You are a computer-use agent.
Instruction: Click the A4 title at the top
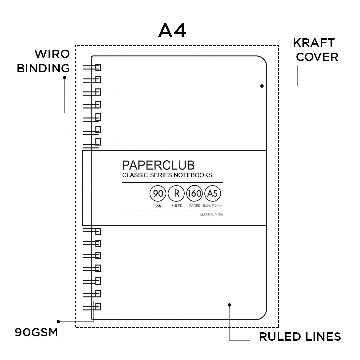pos(172,31)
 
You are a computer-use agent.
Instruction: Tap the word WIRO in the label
pos(52,54)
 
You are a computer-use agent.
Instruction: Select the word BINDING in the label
pos(43,68)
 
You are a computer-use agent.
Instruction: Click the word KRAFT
pos(314,43)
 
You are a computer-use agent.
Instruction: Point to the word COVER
pos(317,57)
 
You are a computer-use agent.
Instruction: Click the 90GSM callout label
pos(36,332)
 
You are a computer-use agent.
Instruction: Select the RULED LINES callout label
pos(300,337)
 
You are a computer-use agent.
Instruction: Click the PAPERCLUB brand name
pos(158,165)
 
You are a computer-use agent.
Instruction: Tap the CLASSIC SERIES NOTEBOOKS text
pos(167,175)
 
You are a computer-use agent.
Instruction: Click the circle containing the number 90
pos(158,194)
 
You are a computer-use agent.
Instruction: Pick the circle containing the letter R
pos(177,194)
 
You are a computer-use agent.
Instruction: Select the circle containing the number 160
pos(195,194)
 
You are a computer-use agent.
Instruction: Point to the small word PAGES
pos(195,206)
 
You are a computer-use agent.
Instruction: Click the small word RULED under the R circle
pos(177,206)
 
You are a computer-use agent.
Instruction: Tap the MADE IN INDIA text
pos(212,215)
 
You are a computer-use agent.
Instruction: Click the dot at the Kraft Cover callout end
pos(262,86)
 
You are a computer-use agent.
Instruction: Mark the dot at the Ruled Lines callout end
pos(229,305)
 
